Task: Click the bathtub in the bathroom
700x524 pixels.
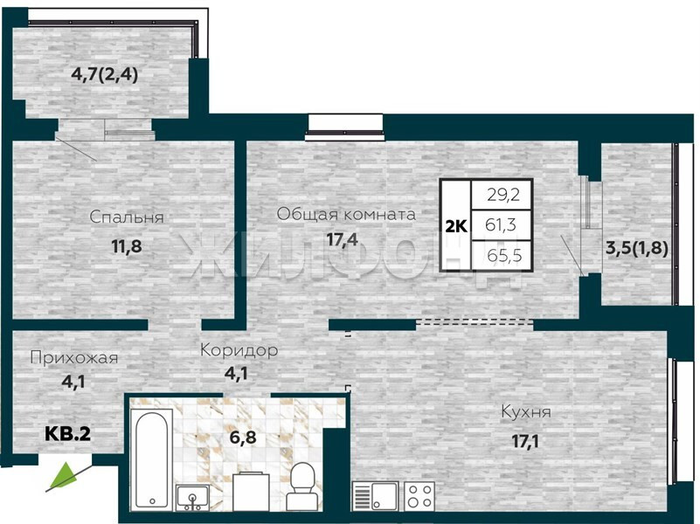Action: [x=151, y=458]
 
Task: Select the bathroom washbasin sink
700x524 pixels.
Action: [x=193, y=497]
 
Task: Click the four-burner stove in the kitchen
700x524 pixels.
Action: [x=420, y=495]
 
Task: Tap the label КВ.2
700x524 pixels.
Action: [x=68, y=433]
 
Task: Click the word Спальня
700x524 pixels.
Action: [x=127, y=217]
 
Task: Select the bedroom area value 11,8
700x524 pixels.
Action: [x=127, y=246]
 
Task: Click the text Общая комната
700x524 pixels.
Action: [x=346, y=215]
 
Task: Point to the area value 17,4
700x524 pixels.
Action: [x=342, y=240]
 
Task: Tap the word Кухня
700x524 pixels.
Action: [x=526, y=412]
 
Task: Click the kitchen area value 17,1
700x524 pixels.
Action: [x=525, y=442]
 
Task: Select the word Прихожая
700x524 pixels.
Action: [x=74, y=358]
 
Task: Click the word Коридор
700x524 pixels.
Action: [x=239, y=350]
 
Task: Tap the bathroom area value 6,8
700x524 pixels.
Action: [x=243, y=437]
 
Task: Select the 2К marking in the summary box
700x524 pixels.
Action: [x=456, y=226]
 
